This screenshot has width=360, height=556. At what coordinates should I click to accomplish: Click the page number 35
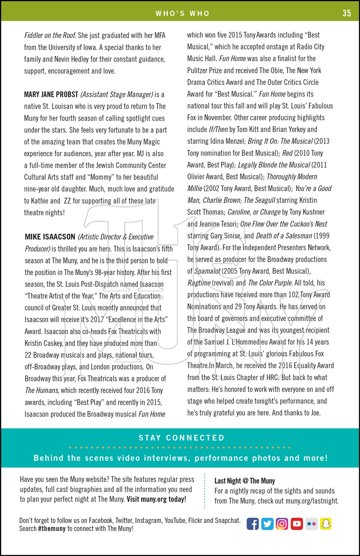[x=347, y=13]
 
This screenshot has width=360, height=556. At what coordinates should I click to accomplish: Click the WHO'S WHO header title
[x=182, y=14]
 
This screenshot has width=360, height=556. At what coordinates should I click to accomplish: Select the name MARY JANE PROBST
[x=51, y=95]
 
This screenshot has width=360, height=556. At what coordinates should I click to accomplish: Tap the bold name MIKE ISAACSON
[x=50, y=237]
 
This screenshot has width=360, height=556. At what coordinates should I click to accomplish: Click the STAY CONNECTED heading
[x=181, y=438]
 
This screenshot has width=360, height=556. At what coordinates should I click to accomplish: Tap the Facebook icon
[x=252, y=524]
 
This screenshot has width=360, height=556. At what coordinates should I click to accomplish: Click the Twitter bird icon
[x=267, y=524]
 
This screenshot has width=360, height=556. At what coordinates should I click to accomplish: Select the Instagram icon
[x=282, y=524]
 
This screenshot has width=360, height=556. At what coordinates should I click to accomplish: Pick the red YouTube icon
[x=297, y=524]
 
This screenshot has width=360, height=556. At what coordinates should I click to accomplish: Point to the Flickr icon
[x=311, y=524]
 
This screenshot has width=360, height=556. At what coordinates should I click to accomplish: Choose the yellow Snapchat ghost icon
[x=326, y=524]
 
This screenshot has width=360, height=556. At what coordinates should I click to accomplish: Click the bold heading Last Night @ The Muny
[x=245, y=481]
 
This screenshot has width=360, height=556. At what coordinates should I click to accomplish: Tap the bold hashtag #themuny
[x=52, y=529]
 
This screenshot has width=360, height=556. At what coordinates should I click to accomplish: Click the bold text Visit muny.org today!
[x=156, y=499]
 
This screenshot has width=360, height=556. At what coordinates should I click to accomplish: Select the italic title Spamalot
[x=207, y=271]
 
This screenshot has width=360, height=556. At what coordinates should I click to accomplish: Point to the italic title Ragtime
[x=199, y=283]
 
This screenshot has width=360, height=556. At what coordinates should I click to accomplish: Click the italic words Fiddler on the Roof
[x=50, y=36]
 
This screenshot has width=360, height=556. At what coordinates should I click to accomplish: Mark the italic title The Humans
[x=42, y=390]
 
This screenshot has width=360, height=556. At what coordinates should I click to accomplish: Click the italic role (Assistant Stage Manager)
[x=117, y=95]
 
